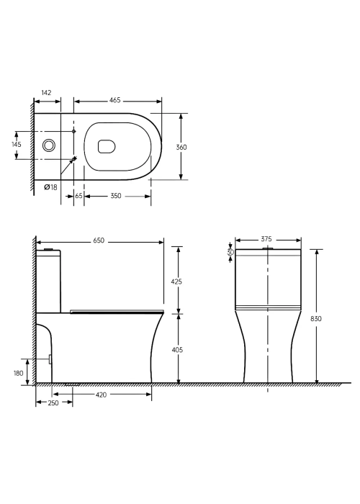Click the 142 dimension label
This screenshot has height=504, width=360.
coord(46,93)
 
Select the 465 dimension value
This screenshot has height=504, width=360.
coord(114,100)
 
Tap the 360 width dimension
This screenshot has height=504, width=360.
coord(181,147)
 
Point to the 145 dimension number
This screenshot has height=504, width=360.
coord(17,144)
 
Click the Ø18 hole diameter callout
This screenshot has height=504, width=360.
coord(51,186)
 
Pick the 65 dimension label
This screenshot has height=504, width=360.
coord(78,196)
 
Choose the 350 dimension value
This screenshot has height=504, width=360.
coord(116,196)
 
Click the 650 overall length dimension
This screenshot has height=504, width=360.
coord(99,240)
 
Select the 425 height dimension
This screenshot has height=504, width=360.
coord(177,282)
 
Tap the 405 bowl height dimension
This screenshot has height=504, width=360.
coord(177,349)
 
